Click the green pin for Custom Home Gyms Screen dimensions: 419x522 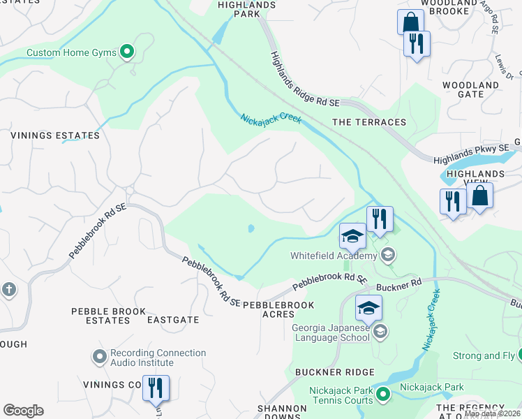point(127,52)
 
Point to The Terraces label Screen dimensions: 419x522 point(369,122)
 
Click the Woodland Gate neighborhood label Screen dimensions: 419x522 point(471,89)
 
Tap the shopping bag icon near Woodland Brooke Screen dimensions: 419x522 point(410,22)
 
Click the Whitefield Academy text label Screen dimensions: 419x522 point(334,256)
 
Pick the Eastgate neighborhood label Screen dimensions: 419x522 point(173,320)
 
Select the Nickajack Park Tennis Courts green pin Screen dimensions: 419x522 point(382,396)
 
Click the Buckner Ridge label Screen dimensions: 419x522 point(335,372)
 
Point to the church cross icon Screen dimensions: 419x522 point(8,290)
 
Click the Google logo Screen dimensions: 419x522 point(23,411)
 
